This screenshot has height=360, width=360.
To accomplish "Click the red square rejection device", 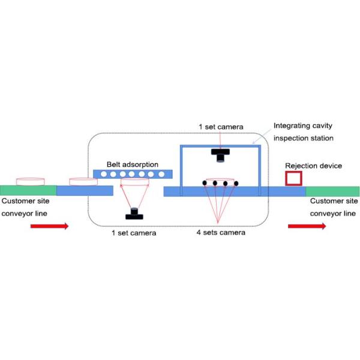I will point(293,178).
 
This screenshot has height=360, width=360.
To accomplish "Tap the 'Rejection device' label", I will point(313,166).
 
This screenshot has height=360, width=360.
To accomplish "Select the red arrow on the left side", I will point(50,226).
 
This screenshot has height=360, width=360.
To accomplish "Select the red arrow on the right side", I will point(307,226).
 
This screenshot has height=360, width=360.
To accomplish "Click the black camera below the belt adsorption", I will point(134,213).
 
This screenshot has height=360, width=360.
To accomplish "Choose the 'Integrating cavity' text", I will point(303,126).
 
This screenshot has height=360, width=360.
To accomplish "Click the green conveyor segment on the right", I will point(332,191).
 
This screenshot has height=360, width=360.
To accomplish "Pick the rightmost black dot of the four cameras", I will point(236,183).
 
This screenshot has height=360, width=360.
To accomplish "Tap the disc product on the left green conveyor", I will point(30,181).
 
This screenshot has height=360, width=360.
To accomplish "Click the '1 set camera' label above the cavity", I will point(221,127).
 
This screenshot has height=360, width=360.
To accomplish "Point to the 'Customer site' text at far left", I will point(22,202).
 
